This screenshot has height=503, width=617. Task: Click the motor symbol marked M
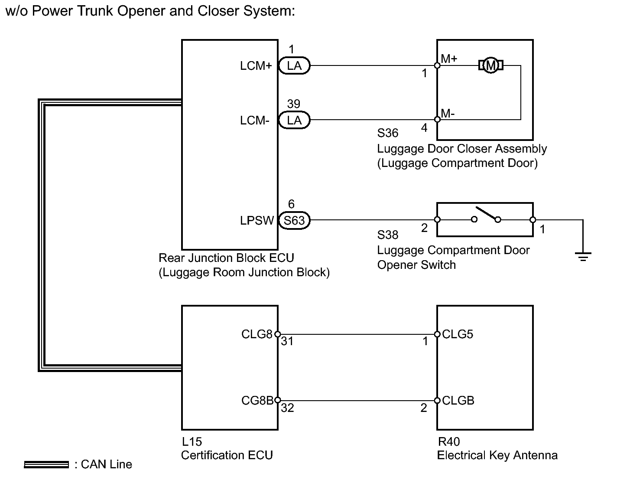(x=491, y=65)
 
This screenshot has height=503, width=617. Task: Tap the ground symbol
(x=583, y=256)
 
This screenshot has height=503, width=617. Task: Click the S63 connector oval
(x=294, y=220)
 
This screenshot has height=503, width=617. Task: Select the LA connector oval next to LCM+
(x=294, y=65)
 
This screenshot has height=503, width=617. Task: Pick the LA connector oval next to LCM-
(x=294, y=120)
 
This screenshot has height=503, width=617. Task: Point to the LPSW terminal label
(x=257, y=220)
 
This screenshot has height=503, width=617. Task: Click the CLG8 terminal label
(x=257, y=334)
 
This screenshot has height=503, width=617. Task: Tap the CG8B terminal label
(x=257, y=400)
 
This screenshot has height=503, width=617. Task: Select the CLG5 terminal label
(x=458, y=334)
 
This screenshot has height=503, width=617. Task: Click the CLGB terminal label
(x=458, y=400)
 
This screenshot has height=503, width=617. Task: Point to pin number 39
(x=293, y=104)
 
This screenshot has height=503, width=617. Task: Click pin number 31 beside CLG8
(x=287, y=341)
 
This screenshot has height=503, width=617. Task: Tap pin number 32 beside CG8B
(x=287, y=408)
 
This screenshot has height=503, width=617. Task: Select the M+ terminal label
(x=449, y=59)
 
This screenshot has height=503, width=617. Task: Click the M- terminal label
(x=448, y=113)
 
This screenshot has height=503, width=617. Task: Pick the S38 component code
(x=388, y=235)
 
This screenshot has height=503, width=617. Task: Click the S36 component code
(x=388, y=133)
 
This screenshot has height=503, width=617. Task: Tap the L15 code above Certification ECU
(x=192, y=442)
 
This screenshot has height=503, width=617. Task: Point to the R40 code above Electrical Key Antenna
(x=449, y=442)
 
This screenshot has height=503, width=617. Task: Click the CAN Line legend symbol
(x=46, y=465)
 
